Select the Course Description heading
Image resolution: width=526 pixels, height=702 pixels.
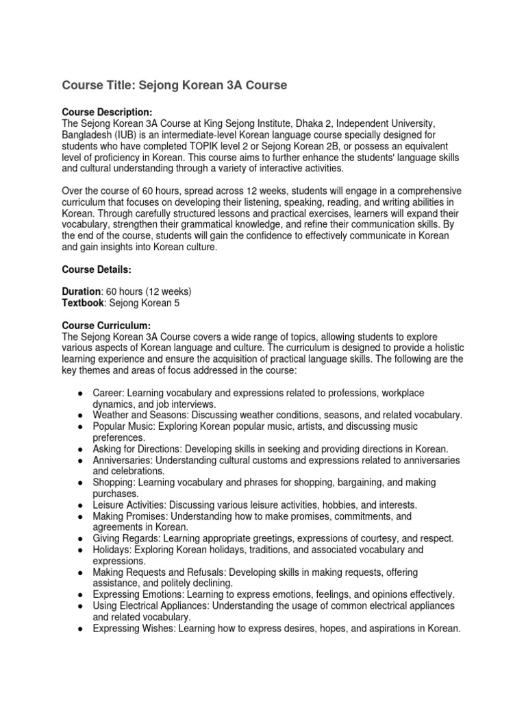[107, 112]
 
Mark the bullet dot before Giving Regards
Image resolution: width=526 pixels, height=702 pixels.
[81, 539]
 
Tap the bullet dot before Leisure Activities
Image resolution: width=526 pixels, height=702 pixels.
[81, 505]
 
